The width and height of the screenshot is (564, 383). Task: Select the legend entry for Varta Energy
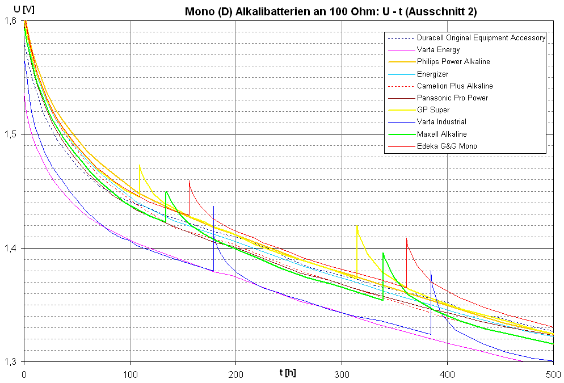(438, 50)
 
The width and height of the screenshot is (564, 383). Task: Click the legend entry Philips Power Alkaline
(453, 62)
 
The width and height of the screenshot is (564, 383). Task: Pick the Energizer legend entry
(432, 74)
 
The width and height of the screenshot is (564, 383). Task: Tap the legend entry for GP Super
(433, 110)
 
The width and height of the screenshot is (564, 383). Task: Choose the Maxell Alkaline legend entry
(441, 134)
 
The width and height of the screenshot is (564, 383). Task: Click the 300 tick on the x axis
(342, 374)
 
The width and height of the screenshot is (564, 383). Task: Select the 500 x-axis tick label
(553, 374)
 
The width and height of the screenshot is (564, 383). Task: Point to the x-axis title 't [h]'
(288, 372)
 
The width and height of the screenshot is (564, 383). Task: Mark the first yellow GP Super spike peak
(140, 165)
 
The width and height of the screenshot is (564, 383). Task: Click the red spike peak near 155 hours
(189, 181)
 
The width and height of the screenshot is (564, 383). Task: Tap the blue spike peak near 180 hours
(213, 207)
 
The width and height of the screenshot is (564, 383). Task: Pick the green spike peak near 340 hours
(383, 253)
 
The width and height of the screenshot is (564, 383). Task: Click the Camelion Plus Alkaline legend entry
(454, 86)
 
